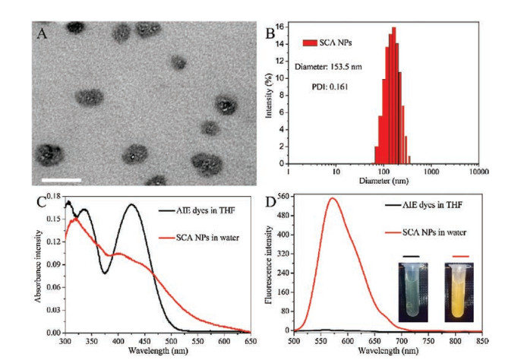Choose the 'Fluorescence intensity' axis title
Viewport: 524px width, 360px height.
269,264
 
